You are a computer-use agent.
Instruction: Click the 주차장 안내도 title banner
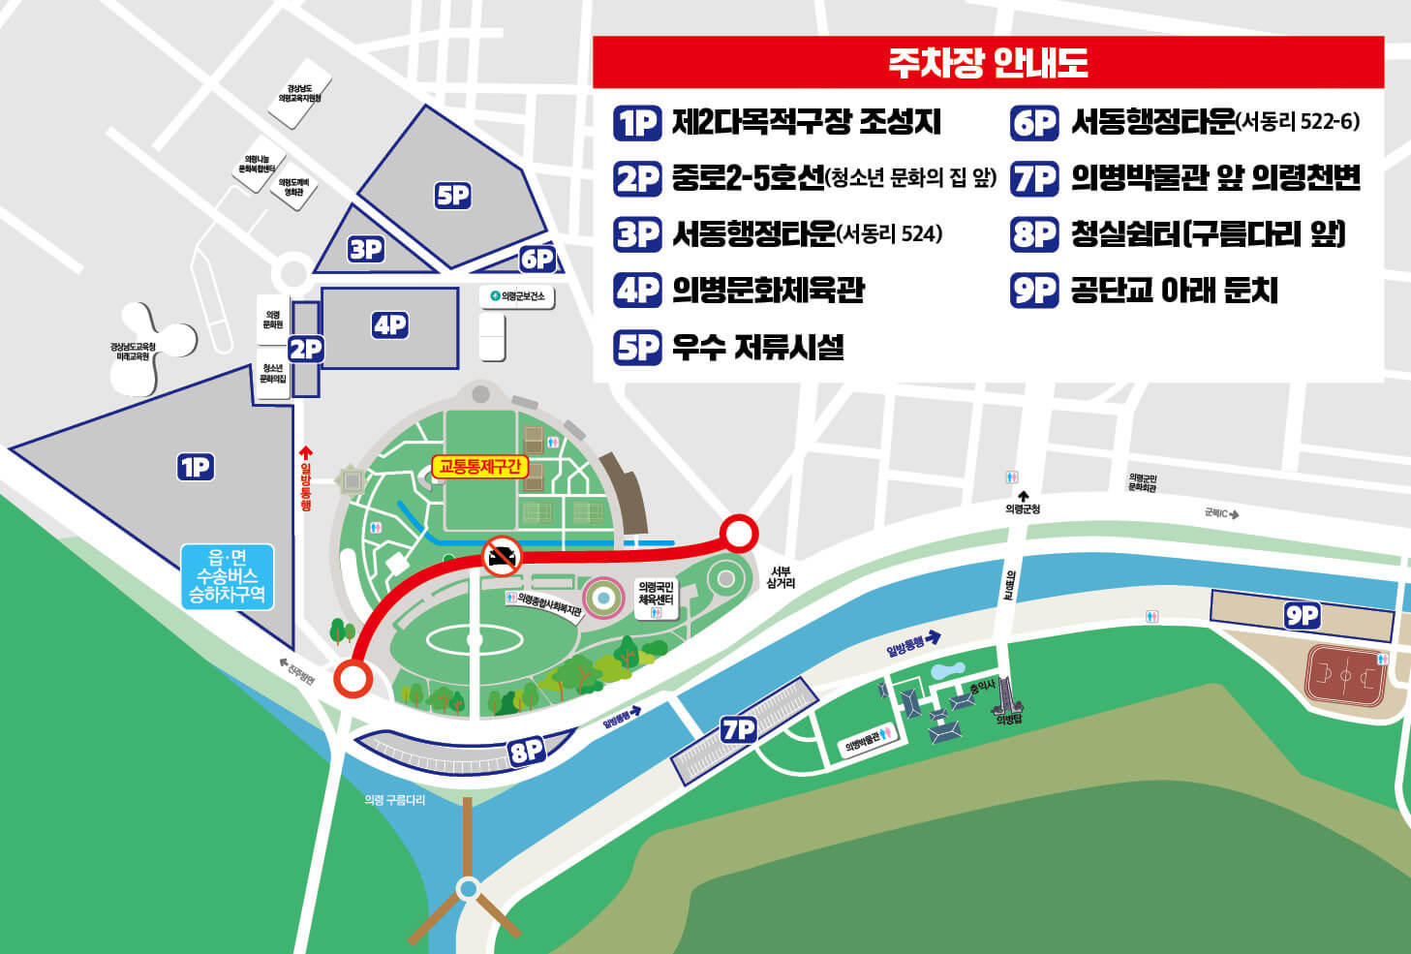pyautogui.click(x=988, y=63)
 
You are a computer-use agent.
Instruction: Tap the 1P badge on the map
pyautogui.click(x=196, y=468)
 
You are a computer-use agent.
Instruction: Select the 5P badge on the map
pyautogui.click(x=452, y=196)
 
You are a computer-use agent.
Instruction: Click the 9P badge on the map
pyautogui.click(x=1302, y=615)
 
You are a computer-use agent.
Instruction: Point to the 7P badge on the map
pyautogui.click(x=738, y=729)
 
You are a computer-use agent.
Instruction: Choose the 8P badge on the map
pyautogui.click(x=527, y=751)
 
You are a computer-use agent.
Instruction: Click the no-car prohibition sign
pyautogui.click(x=502, y=556)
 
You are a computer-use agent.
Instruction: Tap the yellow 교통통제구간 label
pyautogui.click(x=480, y=467)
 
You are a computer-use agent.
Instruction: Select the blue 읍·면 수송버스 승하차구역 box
pyautogui.click(x=228, y=576)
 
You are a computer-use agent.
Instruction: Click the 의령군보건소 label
pyautogui.click(x=518, y=295)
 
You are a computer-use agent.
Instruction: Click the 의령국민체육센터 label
pyautogui.click(x=656, y=594)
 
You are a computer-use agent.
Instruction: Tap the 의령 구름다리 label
pyautogui.click(x=394, y=800)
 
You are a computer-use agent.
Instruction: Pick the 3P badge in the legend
pyautogui.click(x=637, y=234)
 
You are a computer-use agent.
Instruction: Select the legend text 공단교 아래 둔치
pyautogui.click(x=1174, y=290)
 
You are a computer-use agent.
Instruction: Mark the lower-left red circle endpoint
pyautogui.click(x=352, y=679)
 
